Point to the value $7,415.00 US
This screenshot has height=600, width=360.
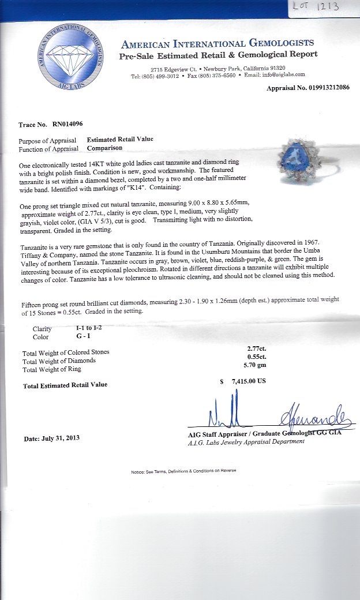pos(249,381)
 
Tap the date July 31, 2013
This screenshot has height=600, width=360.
pos(51,438)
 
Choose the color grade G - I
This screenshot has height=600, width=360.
pos(74,336)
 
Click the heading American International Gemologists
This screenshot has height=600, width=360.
pos(217,43)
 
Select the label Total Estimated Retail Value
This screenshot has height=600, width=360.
pos(65,385)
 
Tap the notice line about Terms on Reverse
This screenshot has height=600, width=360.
pos(183,471)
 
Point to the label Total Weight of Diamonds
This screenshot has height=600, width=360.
pos(59,361)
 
